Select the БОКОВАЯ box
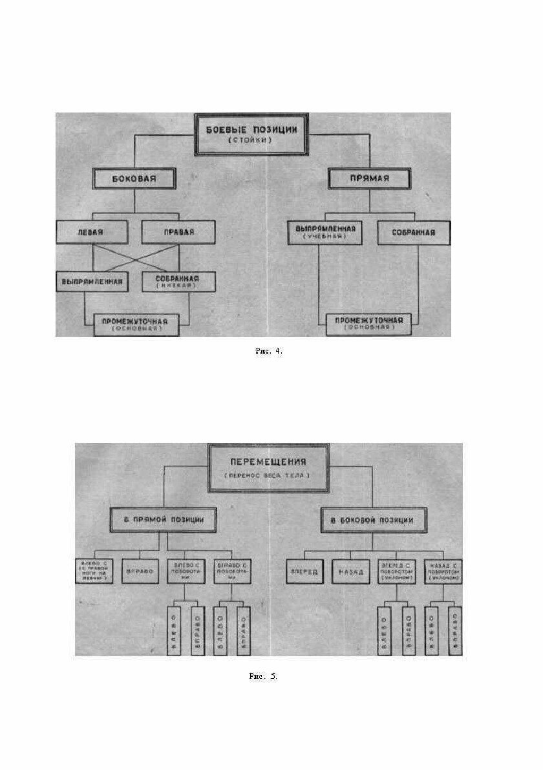[x=134, y=178]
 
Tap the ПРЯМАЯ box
[x=369, y=178]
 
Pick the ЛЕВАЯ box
[x=92, y=231]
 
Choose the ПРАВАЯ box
[x=177, y=231]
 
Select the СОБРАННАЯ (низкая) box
[x=176, y=281]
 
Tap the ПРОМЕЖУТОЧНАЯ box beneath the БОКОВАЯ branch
[x=136, y=323]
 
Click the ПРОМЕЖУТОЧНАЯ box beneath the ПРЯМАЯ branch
[x=368, y=323]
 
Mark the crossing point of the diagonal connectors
[x=135, y=257]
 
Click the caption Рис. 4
[x=269, y=350]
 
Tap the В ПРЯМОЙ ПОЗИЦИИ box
[x=164, y=519]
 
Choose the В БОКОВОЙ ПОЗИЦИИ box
[x=367, y=519]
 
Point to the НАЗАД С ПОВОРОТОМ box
[x=443, y=572]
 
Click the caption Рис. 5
[x=262, y=676]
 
